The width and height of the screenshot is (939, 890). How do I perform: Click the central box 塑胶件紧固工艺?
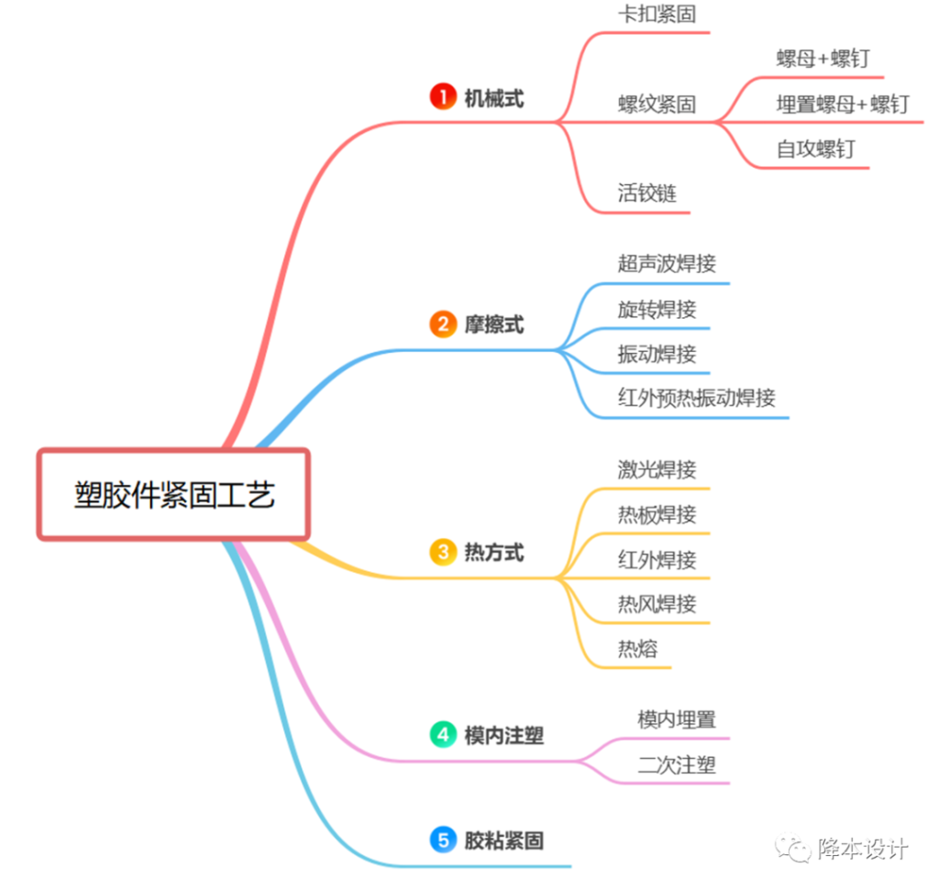tap(174, 494)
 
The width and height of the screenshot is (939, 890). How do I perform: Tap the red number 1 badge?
tap(443, 97)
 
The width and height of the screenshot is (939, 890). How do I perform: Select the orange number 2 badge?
tap(443, 324)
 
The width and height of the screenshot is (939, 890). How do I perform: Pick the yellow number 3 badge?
tap(443, 552)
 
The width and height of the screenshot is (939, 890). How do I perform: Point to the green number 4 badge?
tap(443, 734)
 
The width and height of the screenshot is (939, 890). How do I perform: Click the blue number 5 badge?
tap(443, 839)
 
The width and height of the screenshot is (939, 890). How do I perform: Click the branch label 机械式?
tap(493, 98)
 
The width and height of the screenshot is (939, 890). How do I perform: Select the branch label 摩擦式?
tap(493, 324)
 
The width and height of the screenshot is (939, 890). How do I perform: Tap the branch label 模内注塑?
tap(503, 735)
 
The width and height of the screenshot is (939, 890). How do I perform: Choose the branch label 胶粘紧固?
tap(503, 840)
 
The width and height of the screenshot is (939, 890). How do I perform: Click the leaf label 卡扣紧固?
tap(657, 15)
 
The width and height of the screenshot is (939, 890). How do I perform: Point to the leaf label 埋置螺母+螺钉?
tap(843, 104)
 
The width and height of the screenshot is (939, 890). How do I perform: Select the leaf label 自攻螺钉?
tap(815, 148)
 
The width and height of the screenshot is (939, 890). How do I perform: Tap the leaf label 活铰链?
tap(647, 193)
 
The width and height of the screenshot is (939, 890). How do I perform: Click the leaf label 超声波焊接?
tap(667, 264)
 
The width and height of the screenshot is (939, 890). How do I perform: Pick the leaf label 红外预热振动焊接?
tap(697, 398)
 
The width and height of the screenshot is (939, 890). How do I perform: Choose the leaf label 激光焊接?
tap(657, 469)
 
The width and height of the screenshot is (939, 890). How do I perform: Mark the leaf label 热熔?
tap(637, 649)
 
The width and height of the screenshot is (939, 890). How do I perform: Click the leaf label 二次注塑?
tap(677, 764)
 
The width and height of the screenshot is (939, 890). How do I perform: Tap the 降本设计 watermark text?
tap(863, 849)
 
